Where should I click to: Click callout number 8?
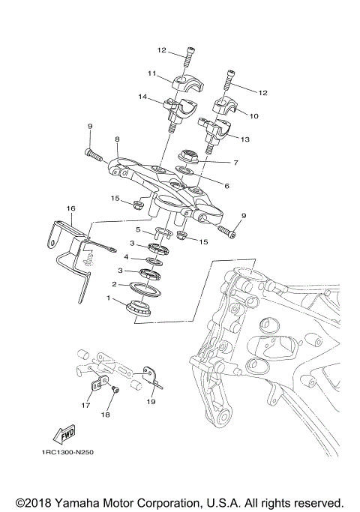[117, 139]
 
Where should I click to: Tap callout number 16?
[71, 208]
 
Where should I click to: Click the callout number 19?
[151, 403]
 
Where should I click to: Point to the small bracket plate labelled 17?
[96, 385]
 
